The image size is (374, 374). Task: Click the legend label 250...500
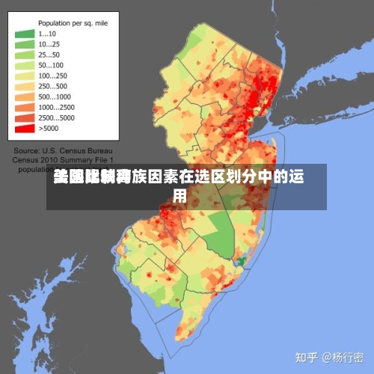[x=53, y=86]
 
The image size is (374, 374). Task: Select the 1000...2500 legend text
[x=55, y=107]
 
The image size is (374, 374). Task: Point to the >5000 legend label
[x=49, y=128]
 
